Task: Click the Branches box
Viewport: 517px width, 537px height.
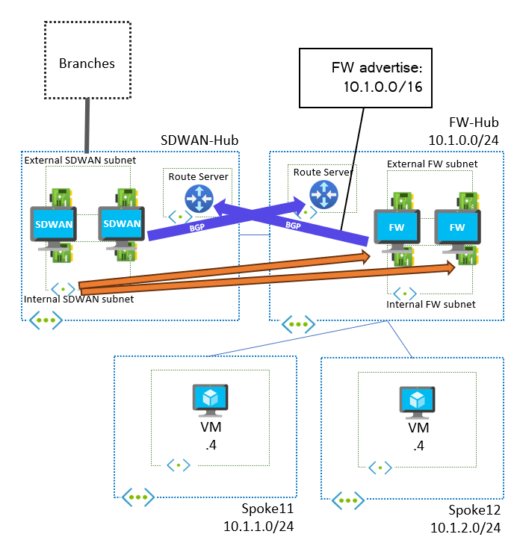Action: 87,63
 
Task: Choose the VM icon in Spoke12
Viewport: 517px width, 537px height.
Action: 415,400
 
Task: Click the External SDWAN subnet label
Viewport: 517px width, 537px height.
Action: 72,160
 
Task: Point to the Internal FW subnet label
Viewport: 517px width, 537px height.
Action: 430,305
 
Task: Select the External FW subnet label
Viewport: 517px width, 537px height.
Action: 432,164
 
